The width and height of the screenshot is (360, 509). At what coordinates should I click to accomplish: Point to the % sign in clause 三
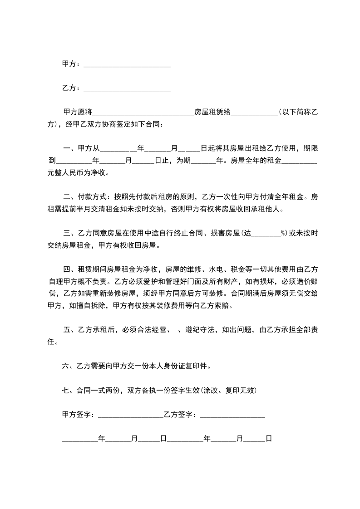pyautogui.click(x=282, y=234)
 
